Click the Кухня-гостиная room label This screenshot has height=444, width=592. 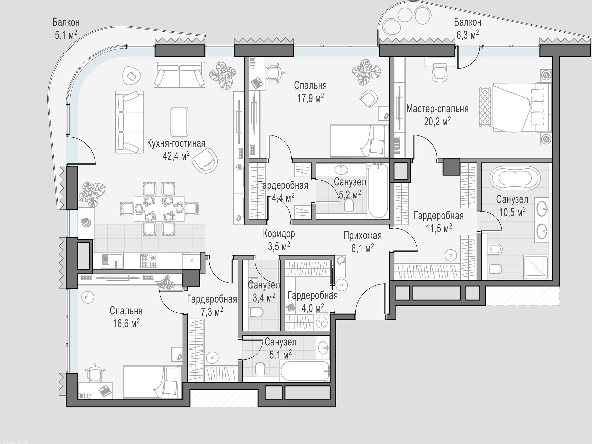[176, 143]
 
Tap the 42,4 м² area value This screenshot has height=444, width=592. [176, 156]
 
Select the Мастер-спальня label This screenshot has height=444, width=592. [437, 109]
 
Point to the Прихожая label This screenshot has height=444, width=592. [362, 236]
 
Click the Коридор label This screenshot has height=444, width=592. [279, 234]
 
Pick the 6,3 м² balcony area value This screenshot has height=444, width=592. [467, 35]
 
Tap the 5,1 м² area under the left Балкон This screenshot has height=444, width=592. [66, 35]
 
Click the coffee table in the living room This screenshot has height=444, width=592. [179, 122]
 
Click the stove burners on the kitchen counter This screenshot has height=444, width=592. [149, 260]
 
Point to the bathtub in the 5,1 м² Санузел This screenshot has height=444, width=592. [305, 372]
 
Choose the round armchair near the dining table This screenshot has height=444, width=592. [204, 161]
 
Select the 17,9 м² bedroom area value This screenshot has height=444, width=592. [310, 98]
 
